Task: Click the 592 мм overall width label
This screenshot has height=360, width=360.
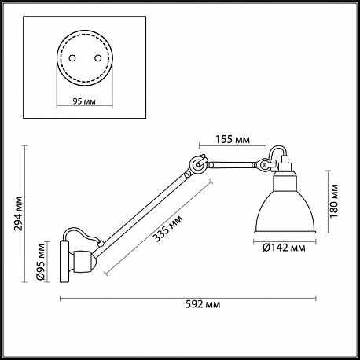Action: click(x=203, y=304)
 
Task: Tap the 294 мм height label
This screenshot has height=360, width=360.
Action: click(x=18, y=213)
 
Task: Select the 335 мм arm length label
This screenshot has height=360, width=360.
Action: click(x=168, y=229)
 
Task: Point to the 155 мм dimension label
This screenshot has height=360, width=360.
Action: click(x=233, y=139)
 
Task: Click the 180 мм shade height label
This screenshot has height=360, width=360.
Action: click(x=334, y=201)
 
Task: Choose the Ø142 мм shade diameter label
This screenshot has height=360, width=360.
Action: click(x=284, y=248)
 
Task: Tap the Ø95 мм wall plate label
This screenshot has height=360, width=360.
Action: click(x=41, y=262)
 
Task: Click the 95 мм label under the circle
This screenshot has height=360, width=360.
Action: click(x=84, y=101)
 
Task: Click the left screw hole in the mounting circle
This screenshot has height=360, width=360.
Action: click(x=72, y=58)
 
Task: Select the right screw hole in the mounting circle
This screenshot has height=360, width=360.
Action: click(x=98, y=58)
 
